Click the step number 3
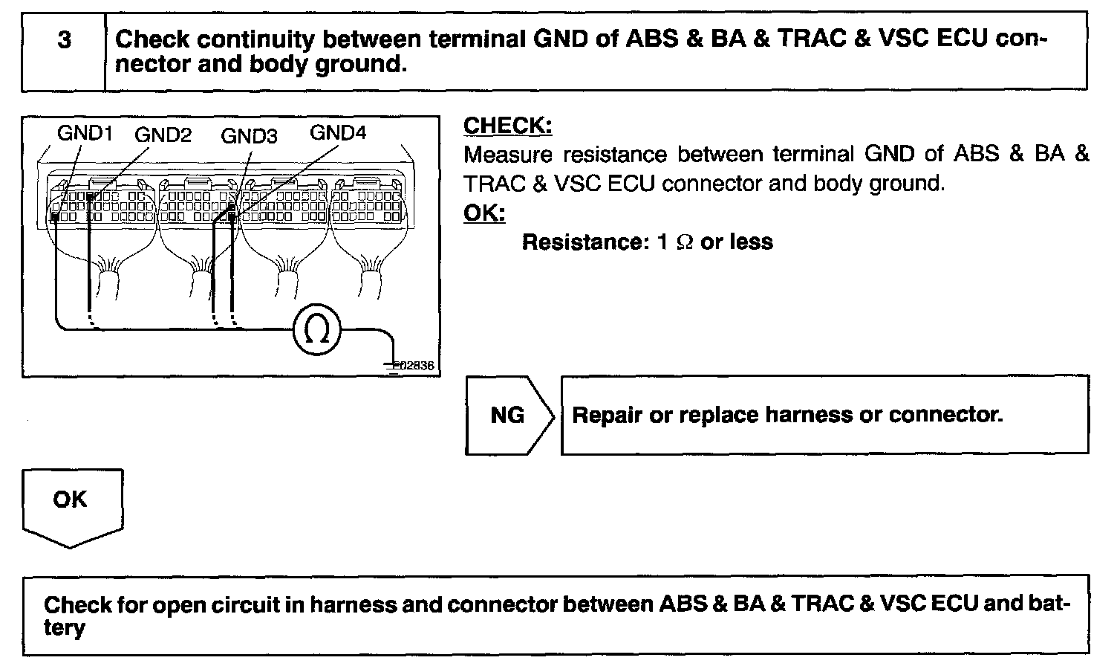point(65,40)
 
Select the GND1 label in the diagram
point(85,134)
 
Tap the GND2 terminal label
point(163,135)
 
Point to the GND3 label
point(249,136)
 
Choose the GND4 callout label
point(338,133)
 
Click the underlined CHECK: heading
point(507,126)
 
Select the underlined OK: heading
point(483,213)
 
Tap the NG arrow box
point(508,415)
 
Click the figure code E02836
point(413,366)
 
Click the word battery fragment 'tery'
point(65,628)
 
